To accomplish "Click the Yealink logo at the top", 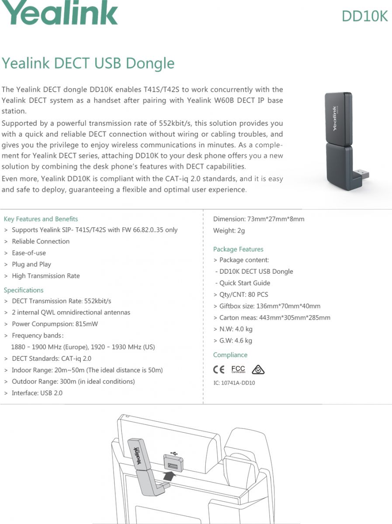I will (x=59, y=13).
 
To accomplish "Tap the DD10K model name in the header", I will (x=364, y=16).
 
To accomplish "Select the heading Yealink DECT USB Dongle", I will (x=88, y=63).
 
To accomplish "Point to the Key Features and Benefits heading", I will (x=41, y=219).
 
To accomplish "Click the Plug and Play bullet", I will (x=31, y=264).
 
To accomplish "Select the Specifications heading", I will (x=24, y=290).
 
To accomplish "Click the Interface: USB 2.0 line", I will (x=37, y=393).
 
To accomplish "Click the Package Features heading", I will (x=238, y=249).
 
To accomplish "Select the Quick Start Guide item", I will (x=245, y=283).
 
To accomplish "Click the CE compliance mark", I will (x=219, y=370).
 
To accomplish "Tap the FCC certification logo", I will (x=238, y=370).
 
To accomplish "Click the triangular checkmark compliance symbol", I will (x=258, y=370).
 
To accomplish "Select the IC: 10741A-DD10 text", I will (x=234, y=383).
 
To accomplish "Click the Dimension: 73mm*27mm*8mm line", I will (x=259, y=219).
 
